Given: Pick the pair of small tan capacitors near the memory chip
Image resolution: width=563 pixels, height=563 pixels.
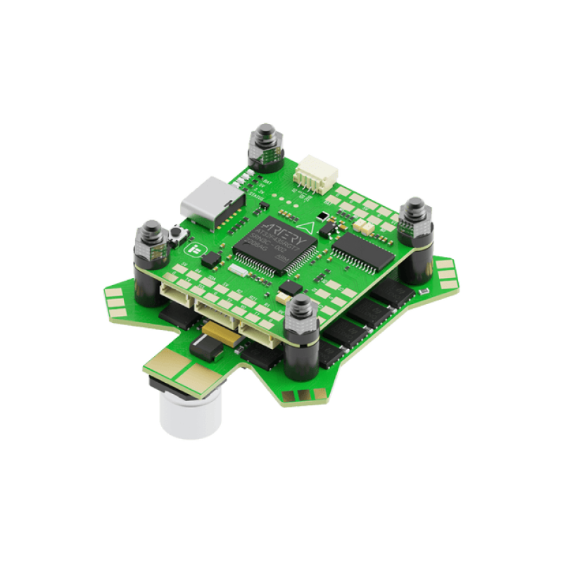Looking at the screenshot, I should (361, 227).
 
